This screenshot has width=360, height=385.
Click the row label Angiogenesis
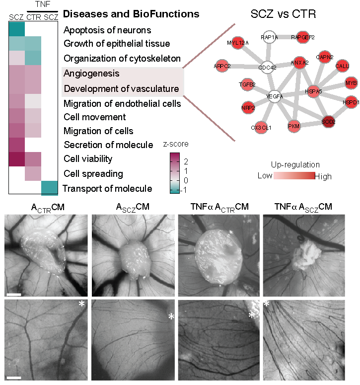[x=91, y=74]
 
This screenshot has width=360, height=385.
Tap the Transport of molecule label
[x=107, y=188]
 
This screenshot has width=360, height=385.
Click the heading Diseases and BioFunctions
[x=132, y=14]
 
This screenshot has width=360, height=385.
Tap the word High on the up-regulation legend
[x=323, y=176]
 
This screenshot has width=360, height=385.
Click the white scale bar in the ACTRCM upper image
[x=14, y=295]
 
